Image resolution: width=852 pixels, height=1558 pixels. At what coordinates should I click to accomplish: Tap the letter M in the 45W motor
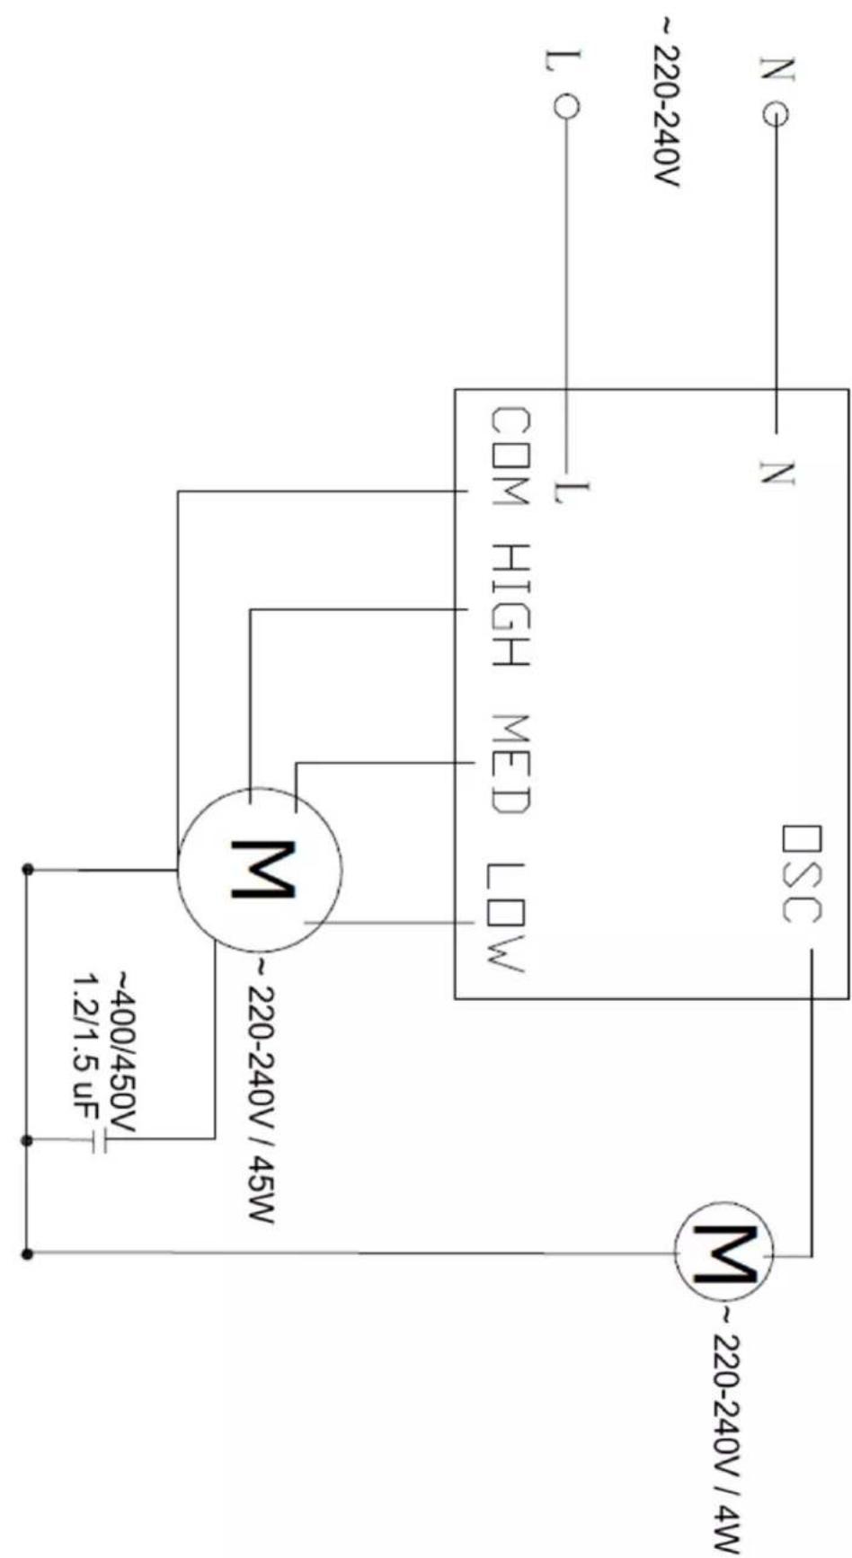click(x=261, y=870)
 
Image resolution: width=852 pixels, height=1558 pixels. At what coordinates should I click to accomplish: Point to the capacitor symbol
click(x=98, y=1140)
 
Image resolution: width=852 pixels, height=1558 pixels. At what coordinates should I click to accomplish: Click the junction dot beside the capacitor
click(x=27, y=1140)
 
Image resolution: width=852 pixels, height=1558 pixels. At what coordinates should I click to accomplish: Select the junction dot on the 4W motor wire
click(x=27, y=1253)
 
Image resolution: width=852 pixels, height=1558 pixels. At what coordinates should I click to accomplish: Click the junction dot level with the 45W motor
click(x=27, y=870)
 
